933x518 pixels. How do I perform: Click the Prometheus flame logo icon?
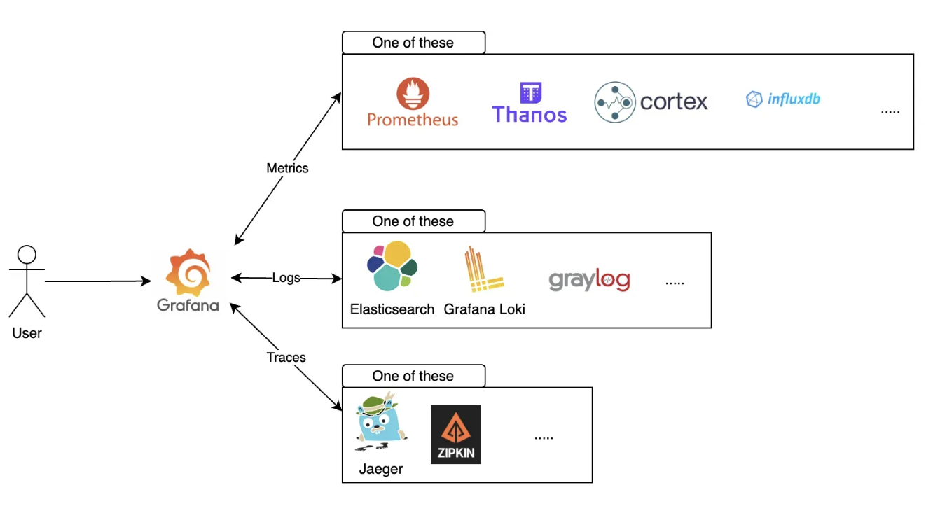point(413,93)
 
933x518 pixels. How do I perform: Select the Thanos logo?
point(530,103)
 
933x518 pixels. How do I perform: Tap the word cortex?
point(674,102)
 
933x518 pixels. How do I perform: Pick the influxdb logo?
point(783,99)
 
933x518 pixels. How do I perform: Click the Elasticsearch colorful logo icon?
point(392,266)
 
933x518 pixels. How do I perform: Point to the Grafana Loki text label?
point(484,309)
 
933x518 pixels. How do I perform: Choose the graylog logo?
point(589,281)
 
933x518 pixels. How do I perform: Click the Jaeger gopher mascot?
point(380,422)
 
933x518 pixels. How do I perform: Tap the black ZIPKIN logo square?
point(456,435)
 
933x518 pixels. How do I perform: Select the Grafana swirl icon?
point(188,273)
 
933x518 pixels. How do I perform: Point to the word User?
point(27,333)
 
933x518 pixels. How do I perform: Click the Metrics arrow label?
point(287,168)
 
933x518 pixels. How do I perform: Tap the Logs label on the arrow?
point(286,278)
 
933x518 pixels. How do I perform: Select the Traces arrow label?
point(286,358)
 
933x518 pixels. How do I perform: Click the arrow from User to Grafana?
point(98,281)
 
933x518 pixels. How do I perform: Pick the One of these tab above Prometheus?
point(413,43)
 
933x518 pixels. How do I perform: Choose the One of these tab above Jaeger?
point(413,376)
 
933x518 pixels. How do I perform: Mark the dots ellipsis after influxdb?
point(890,111)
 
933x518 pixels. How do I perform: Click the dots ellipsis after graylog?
point(675,283)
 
